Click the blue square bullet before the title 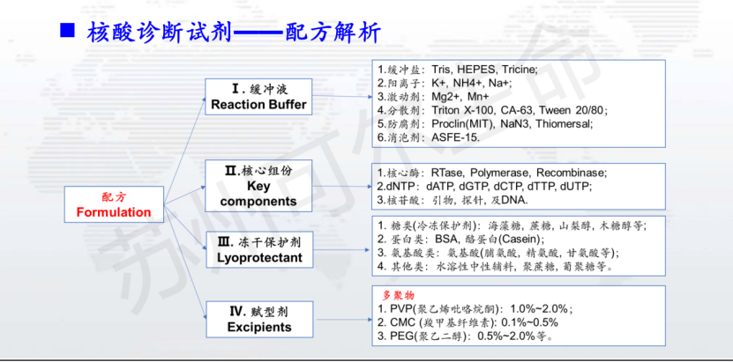tap(67, 30)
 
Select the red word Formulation tap(114, 212)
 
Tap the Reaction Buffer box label tap(258, 105)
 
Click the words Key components tap(258, 194)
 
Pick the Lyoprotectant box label tap(259, 257)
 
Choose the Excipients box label tap(259, 327)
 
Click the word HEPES tap(474, 70)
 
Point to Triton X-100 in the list tap(460, 110)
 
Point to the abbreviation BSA tap(445, 240)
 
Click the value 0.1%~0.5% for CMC tap(529, 322)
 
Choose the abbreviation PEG tap(398, 336)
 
